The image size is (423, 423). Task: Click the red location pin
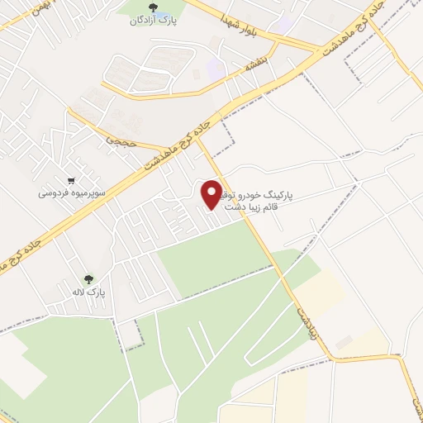point(211,194)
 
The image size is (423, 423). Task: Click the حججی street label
point(116,140)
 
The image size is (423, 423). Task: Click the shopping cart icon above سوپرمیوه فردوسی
point(72,181)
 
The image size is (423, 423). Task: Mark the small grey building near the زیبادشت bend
point(344,341)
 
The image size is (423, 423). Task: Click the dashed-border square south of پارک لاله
point(129,334)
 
